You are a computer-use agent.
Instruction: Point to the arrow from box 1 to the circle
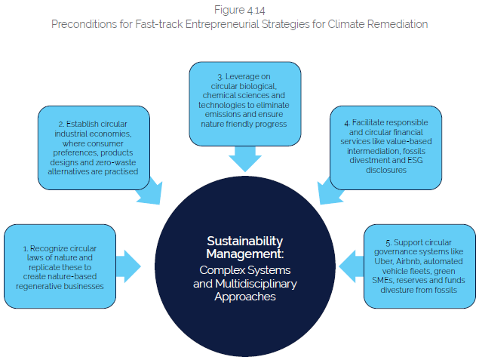point(130,264)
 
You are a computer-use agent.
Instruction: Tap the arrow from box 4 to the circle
point(332,194)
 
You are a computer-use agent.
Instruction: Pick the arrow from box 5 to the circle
point(350,265)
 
